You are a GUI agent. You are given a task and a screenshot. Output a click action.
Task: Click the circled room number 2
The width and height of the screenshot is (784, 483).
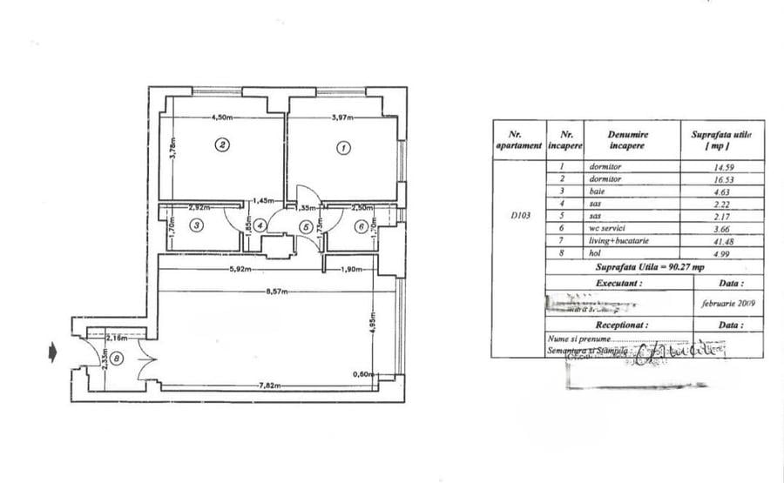(223, 145)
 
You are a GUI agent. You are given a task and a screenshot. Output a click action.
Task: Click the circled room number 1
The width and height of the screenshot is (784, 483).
(343, 148)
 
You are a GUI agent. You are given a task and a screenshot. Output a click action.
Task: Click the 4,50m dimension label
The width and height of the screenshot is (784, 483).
(224, 118)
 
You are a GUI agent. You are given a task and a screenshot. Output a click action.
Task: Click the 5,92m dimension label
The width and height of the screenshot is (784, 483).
(240, 268)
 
